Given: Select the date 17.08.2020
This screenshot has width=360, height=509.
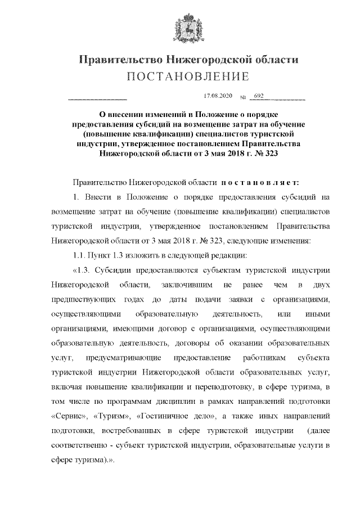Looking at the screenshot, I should (x=217, y=97).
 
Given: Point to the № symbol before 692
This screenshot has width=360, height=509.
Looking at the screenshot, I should (x=244, y=98).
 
